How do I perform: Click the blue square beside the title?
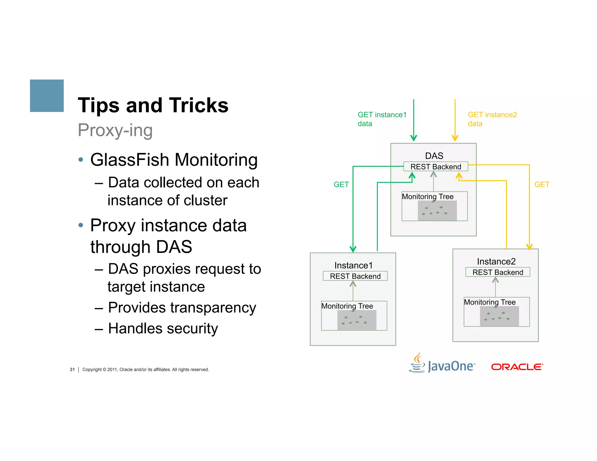pyautogui.click(x=47, y=96)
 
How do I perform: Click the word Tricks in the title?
pyautogui.click(x=199, y=105)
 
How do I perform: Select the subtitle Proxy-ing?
pyautogui.click(x=115, y=130)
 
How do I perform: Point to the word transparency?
pyautogui.click(x=213, y=308)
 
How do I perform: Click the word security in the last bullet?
pyautogui.click(x=192, y=329)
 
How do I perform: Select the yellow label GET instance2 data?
pyautogui.click(x=492, y=119)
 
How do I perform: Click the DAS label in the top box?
pyautogui.click(x=434, y=156)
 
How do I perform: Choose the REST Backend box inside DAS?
pyautogui.click(x=436, y=167)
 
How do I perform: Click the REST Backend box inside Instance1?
pyautogui.click(x=355, y=276)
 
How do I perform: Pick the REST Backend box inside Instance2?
pyautogui.click(x=498, y=272)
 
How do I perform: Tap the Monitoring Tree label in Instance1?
pyautogui.click(x=347, y=306)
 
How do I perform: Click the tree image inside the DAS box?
pyautogui.click(x=437, y=211)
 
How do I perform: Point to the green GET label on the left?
pyautogui.click(x=341, y=184)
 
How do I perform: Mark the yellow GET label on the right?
pyautogui.click(x=542, y=184)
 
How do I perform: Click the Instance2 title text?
pyautogui.click(x=496, y=261)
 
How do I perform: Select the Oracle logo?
pyautogui.click(x=517, y=367)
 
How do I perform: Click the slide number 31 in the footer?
pyautogui.click(x=72, y=369)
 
